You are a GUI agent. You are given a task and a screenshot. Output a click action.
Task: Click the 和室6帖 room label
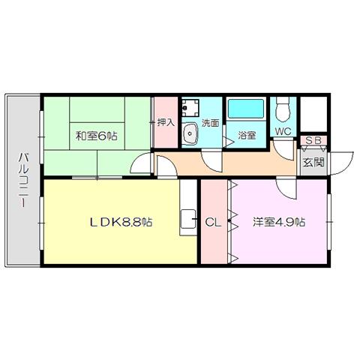click(x=97, y=136)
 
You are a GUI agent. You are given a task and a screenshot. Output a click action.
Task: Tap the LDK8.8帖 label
click(x=121, y=222)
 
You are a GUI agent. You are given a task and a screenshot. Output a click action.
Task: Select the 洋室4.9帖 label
click(x=279, y=222)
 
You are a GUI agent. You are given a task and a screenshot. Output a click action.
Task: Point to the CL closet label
click(x=213, y=222)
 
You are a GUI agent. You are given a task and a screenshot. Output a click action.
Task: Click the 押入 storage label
click(x=166, y=122)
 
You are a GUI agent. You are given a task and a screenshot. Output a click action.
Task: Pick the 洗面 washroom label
click(x=210, y=123)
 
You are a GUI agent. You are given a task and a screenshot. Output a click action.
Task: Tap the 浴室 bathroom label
click(x=246, y=135)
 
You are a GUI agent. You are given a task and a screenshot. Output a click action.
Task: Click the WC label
click(x=283, y=131)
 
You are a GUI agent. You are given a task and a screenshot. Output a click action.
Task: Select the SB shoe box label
click(x=313, y=140)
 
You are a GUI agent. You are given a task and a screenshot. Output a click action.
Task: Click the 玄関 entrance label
click(x=313, y=163)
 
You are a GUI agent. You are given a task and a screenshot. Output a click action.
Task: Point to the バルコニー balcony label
click(x=23, y=181)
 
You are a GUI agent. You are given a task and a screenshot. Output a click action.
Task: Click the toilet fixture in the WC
click(x=283, y=109)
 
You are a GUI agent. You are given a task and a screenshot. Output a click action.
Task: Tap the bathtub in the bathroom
click(x=246, y=109)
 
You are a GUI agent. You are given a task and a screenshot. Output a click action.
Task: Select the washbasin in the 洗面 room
click(x=190, y=133)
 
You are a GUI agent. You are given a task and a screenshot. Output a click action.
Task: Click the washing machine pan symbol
click(x=190, y=108)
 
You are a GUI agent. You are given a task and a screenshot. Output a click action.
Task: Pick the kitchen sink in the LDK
click(x=188, y=219)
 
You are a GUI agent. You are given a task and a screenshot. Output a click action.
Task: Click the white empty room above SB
click(x=313, y=115)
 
